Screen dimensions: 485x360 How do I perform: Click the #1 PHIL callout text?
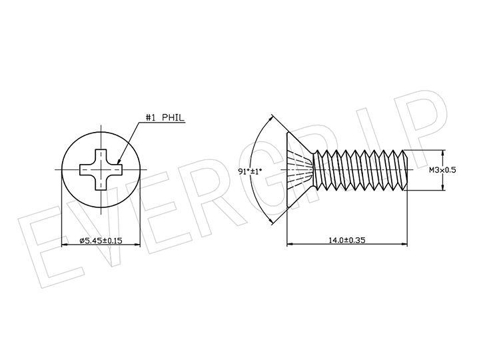[165, 117]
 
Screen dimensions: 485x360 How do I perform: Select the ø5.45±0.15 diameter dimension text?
[101, 240]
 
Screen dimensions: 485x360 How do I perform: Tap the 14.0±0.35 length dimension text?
[346, 240]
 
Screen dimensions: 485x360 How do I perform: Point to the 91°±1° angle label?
[250, 171]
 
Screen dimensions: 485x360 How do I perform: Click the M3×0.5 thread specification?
[442, 170]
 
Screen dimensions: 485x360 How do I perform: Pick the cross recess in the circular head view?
[101, 169]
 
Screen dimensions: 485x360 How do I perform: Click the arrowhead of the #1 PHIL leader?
[119, 161]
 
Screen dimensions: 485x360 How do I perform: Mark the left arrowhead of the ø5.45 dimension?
[65, 245]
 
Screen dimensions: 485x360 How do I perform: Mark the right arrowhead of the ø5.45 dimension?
[137, 245]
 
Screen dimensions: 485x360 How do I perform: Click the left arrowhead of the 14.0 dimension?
[290, 244]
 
